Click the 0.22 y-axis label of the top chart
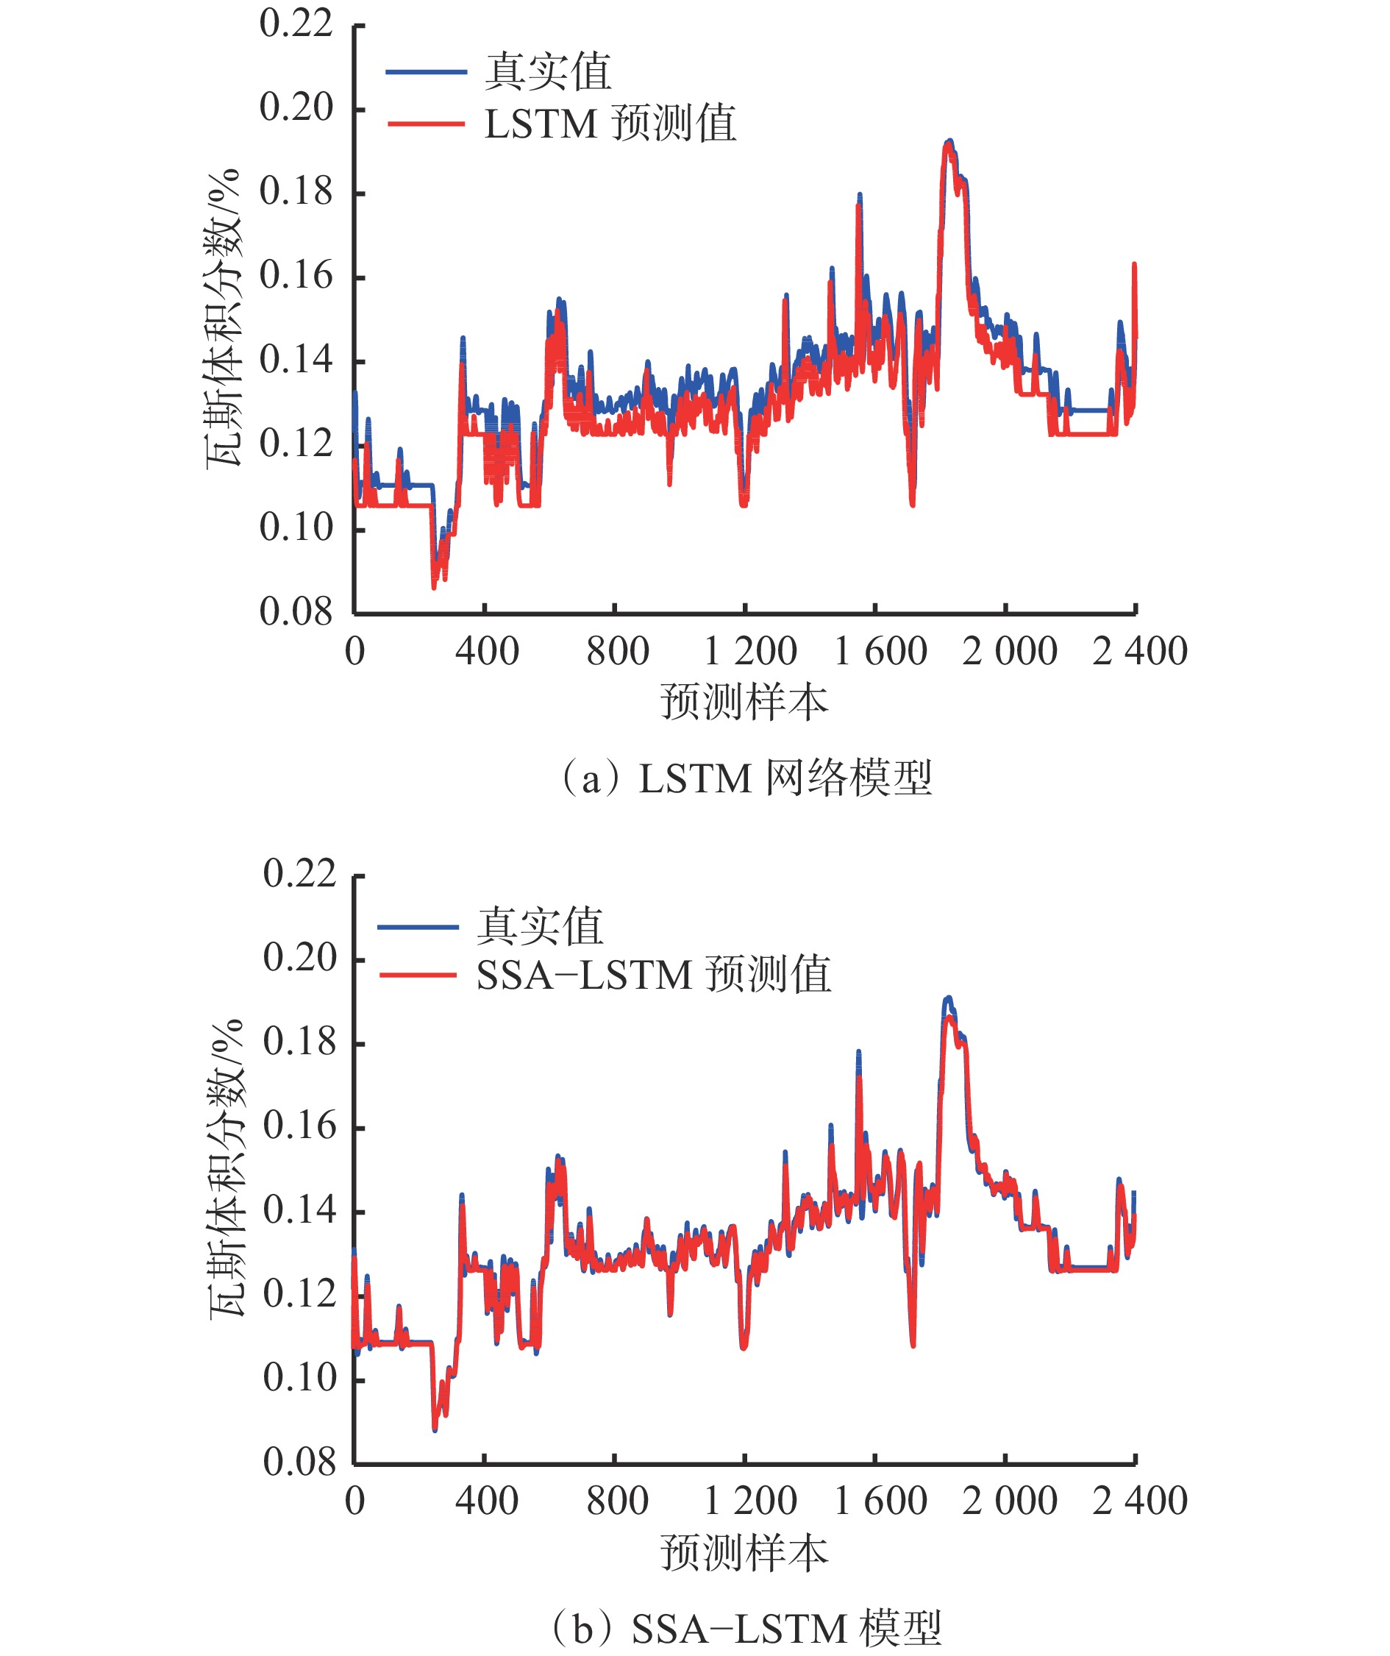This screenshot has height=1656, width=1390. point(296,24)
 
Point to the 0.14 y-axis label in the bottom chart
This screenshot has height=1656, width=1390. point(299,1209)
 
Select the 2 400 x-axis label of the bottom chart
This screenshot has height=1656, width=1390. point(1139,1501)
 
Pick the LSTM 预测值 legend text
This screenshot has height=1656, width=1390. point(610,124)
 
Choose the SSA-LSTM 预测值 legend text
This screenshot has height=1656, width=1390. point(654,975)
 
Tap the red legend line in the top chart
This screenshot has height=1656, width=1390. point(426,124)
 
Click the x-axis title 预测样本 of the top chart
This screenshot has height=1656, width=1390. point(744,703)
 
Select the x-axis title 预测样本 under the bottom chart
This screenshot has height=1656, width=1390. point(744,1553)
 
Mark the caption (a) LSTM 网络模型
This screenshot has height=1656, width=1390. point(746,778)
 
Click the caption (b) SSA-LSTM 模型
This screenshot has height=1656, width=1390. point(746,1628)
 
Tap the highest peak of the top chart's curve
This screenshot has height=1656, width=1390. point(949,143)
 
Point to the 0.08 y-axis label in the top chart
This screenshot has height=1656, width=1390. point(296,612)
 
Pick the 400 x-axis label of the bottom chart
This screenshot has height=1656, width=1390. point(486,1501)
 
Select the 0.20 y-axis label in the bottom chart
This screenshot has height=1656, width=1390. point(299,957)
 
